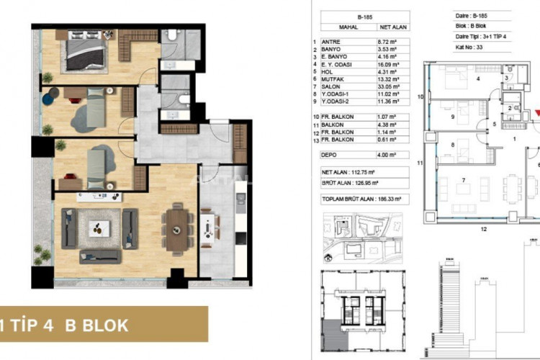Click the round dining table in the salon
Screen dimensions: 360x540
click(x=176, y=230)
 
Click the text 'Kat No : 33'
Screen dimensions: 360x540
click(x=449, y=48)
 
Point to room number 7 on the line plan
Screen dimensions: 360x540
click(x=463, y=179)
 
